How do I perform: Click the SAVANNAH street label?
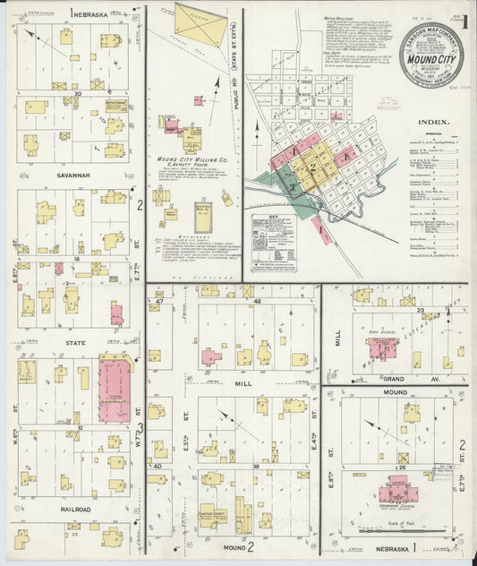coord(74,176)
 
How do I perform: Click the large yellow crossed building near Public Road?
coord(201,20)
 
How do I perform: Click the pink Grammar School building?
coord(394,492)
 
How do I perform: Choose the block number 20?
coord(79,92)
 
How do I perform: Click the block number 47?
coord(159,302)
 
